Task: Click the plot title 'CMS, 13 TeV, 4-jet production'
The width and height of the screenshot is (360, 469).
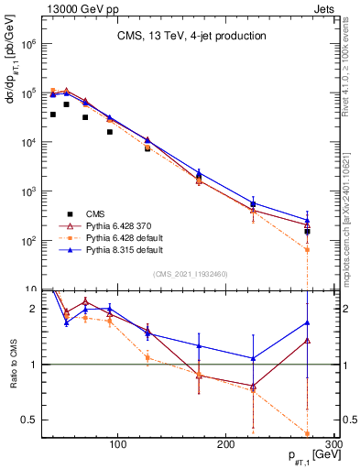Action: pos(183,36)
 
